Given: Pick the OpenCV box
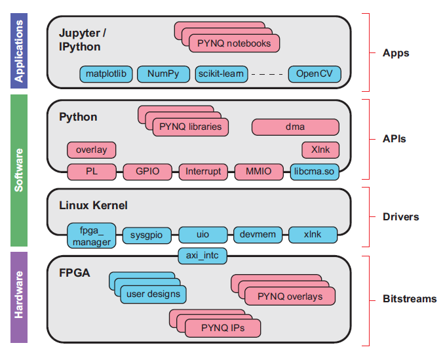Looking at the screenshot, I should (315, 74).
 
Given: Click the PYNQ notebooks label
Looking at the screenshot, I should (234, 43).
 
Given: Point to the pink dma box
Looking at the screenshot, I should (295, 127).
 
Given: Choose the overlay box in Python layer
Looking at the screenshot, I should (91, 150).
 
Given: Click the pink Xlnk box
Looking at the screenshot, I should (320, 150).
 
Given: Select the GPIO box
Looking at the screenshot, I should (147, 172).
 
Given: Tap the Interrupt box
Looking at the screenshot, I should (203, 172).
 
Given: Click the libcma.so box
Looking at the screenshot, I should (315, 172).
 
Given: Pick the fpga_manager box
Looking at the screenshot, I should (91, 235).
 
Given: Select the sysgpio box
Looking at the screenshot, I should (145, 234).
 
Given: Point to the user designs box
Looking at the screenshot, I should (153, 294).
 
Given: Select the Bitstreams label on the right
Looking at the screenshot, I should (409, 299).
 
